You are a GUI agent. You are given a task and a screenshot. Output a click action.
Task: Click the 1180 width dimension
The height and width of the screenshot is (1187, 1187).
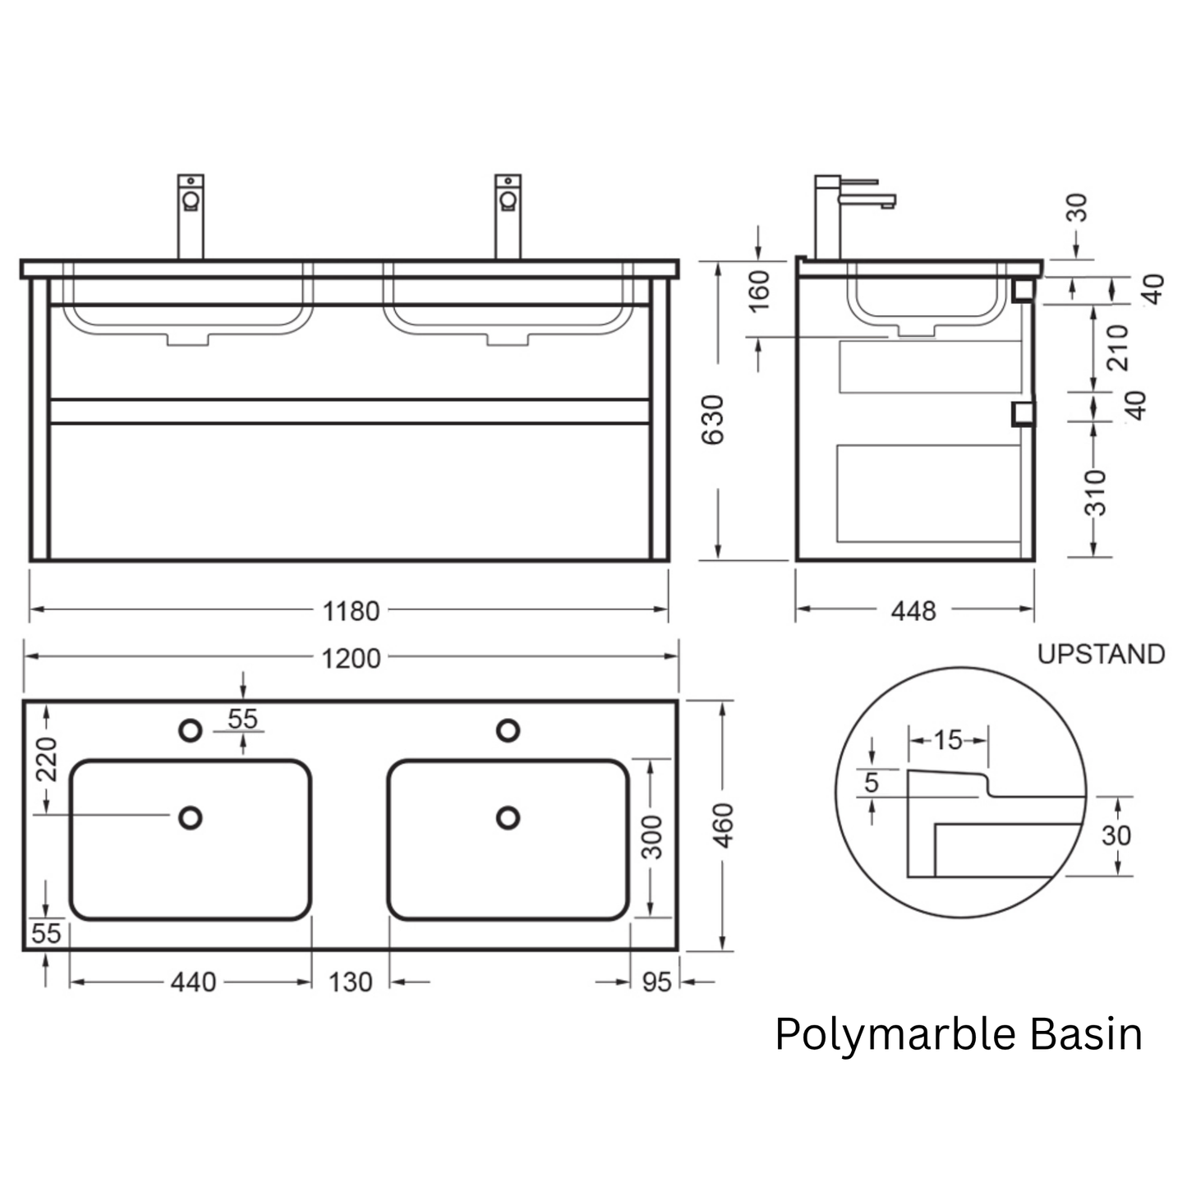351,611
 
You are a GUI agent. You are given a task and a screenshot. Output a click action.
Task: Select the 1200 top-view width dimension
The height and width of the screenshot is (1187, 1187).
351,659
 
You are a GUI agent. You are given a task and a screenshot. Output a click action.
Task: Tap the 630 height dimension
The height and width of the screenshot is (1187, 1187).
713,420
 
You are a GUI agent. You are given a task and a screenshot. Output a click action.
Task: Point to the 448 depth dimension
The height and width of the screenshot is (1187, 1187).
913,611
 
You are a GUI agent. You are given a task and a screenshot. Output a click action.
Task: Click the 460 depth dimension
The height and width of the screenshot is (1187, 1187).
723,826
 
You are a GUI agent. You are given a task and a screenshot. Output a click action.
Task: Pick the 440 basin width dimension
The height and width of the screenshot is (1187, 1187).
193,982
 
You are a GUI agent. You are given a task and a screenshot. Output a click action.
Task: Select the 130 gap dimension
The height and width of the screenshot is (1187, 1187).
350,982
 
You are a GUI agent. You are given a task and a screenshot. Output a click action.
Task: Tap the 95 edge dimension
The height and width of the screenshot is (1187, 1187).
656,982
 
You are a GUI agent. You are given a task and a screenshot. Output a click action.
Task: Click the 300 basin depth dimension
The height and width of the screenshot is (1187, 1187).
651,838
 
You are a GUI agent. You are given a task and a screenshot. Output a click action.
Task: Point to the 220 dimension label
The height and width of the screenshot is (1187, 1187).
46,760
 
